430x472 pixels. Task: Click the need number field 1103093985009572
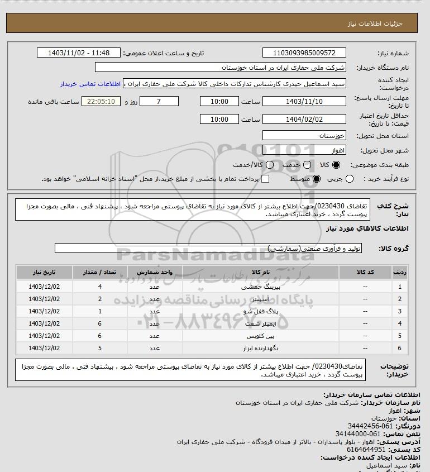304,53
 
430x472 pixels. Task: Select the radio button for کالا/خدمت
270,165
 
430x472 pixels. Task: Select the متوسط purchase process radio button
316,179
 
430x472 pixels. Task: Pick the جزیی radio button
350,179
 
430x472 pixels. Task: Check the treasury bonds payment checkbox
265,179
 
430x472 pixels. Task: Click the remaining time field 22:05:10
101,102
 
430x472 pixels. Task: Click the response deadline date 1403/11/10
304,102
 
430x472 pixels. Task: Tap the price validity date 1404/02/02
304,120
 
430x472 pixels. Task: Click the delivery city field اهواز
304,150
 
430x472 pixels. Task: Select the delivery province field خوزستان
304,135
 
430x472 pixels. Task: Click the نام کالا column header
261,272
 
